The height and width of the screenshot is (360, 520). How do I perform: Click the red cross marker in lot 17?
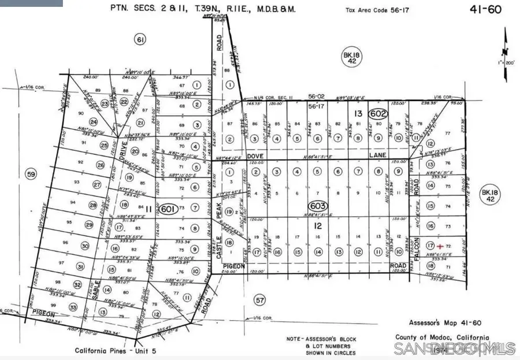pyautogui.click(x=440, y=247)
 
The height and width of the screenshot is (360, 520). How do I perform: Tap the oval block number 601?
pyautogui.click(x=168, y=209)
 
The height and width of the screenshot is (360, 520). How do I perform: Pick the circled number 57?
pyautogui.click(x=260, y=299)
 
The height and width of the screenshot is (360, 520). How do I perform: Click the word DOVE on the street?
pyautogui.click(x=255, y=156)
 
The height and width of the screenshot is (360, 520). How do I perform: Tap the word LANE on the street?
pyautogui.click(x=377, y=156)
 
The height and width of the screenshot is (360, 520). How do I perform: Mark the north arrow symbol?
pyautogui.click(x=506, y=46)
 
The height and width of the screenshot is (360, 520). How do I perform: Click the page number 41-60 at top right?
pyautogui.click(x=488, y=9)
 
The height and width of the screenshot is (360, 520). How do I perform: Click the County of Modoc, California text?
pyautogui.click(x=442, y=337)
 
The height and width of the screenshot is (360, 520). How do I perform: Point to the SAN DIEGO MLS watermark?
pyautogui.click(x=454, y=348)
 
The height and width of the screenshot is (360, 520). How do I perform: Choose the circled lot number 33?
pyautogui.click(x=72, y=307)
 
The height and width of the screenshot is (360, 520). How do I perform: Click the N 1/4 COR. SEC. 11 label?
pyautogui.click(x=276, y=98)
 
